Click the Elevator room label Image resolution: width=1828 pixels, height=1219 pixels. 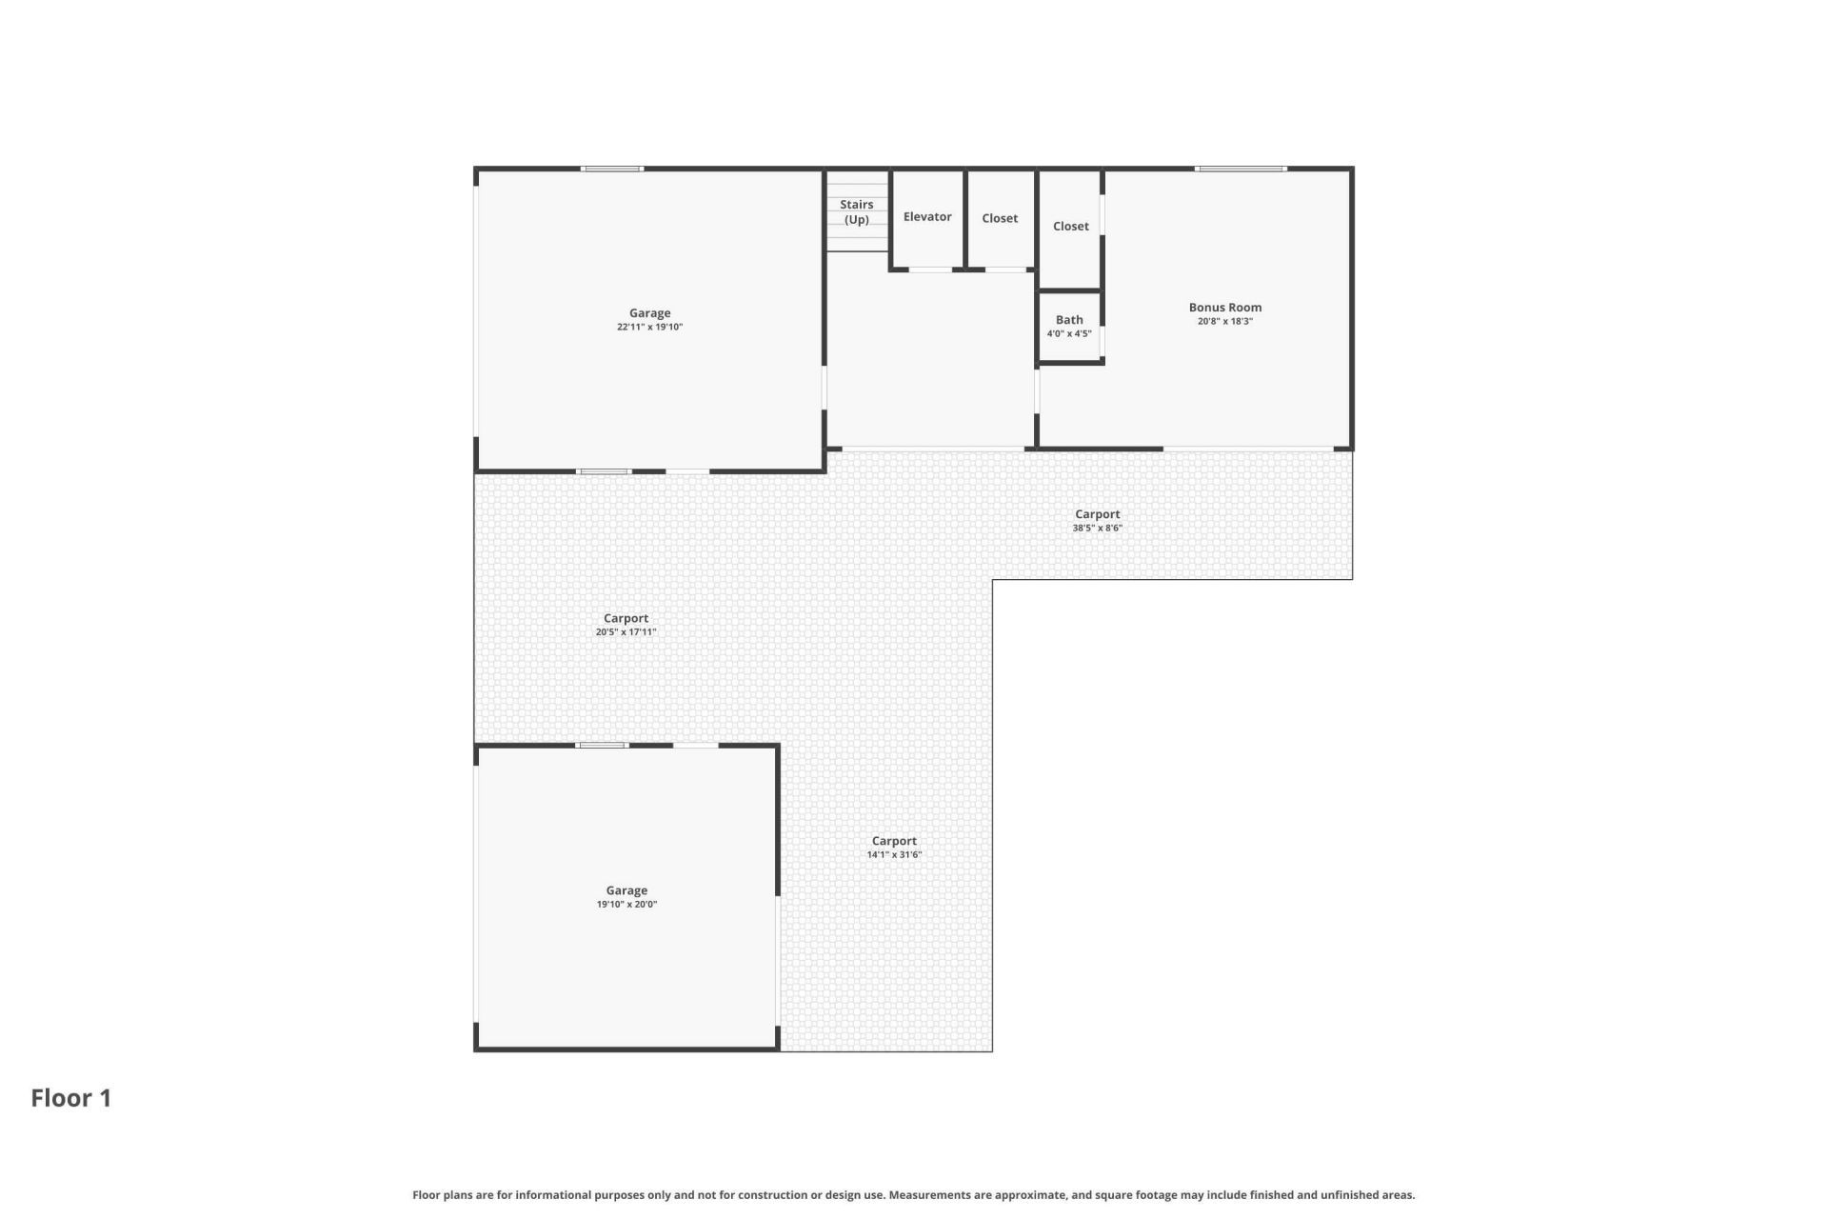[x=927, y=217]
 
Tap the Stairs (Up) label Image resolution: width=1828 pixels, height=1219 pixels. [x=857, y=212]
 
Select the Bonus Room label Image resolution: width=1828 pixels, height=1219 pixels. [x=1225, y=308]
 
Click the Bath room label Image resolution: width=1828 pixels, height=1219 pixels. [x=1069, y=320]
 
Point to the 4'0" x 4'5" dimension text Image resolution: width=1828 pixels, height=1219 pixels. [x=1069, y=334]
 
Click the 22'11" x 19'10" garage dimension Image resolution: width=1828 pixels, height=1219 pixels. [x=650, y=328]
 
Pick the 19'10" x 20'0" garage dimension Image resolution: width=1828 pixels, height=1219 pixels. [x=626, y=905]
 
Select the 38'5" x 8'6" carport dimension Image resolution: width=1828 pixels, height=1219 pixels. [x=1098, y=529]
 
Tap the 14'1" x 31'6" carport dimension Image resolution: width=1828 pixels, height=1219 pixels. [x=894, y=855]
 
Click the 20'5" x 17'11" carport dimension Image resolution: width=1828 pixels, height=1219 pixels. [x=626, y=632]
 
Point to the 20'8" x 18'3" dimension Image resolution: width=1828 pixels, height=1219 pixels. [x=1225, y=322]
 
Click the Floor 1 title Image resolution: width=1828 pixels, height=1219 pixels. [x=71, y=1098]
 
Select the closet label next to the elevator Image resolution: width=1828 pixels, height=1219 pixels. [x=1000, y=218]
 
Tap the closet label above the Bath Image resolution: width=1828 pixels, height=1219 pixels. [x=1071, y=227]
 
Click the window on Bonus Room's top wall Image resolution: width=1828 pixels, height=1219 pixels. [x=1242, y=169]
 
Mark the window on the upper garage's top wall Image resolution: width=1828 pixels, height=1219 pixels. [x=612, y=169]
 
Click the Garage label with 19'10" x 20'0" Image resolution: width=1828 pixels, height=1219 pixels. [x=626, y=891]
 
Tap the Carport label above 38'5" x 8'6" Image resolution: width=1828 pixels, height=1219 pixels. [x=1098, y=514]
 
